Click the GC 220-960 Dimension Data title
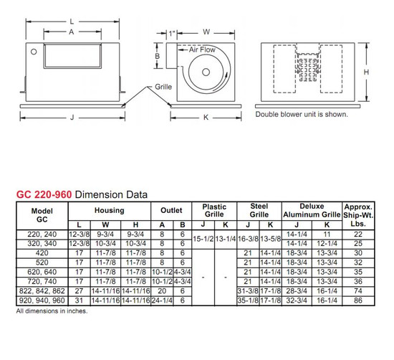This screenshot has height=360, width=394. [81, 194]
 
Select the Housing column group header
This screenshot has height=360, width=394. [109, 211]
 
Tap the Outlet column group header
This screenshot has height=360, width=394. [170, 211]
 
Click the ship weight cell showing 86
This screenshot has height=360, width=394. [358, 301]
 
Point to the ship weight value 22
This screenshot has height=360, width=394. [358, 234]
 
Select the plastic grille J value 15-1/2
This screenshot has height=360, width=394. [203, 239]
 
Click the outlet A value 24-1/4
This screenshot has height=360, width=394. [163, 301]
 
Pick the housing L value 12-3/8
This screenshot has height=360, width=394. [79, 234]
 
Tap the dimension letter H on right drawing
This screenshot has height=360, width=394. [366, 73]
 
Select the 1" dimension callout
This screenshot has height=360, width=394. [172, 33]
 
